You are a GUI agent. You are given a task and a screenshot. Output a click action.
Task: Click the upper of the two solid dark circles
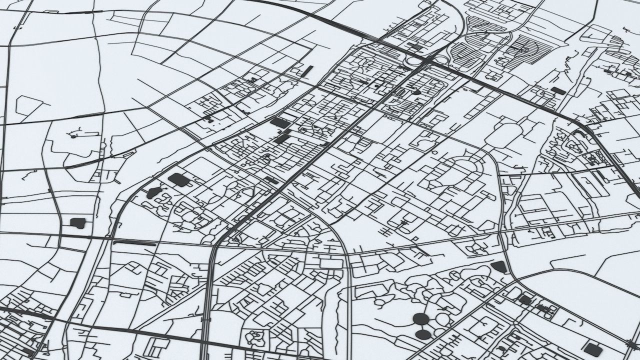[x=421, y=318]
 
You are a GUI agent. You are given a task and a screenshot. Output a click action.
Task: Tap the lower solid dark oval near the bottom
[x=423, y=333]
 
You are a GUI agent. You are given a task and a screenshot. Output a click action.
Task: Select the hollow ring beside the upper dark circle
[x=442, y=318]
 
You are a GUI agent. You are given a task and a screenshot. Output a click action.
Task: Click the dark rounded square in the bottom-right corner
[x=593, y=349]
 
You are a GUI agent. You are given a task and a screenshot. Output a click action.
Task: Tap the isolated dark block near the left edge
[x=77, y=223]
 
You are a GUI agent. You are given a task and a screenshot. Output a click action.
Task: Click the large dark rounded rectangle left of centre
[x=177, y=179]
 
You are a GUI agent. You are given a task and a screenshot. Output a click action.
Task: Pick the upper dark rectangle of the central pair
[x=279, y=122]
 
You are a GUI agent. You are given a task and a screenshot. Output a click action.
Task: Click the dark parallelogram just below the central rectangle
[x=281, y=138]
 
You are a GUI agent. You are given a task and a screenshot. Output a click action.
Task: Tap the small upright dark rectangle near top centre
[x=308, y=70]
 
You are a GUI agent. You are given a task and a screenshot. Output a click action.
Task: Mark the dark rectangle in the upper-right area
[x=558, y=90]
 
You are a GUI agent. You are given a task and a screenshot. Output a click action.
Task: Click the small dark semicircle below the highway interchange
[x=416, y=92]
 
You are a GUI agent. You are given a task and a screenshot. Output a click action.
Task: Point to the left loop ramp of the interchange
[x=413, y=60]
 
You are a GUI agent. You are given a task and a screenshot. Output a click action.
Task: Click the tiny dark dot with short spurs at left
[x=73, y=135]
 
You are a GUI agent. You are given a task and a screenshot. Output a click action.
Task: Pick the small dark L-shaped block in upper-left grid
[x=207, y=118]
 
